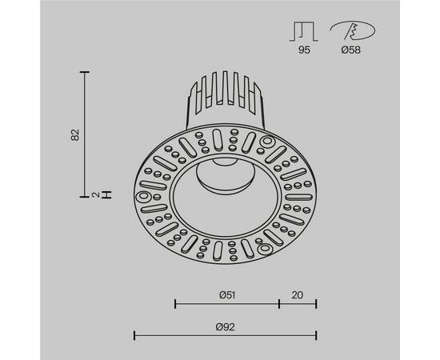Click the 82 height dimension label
pos(74,134)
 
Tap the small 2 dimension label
pos(95,194)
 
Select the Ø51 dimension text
pos(226,294)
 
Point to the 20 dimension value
pos(298,294)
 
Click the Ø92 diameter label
pos(225,326)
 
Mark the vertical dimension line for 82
pos(85,134)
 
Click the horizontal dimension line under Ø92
pos(225,334)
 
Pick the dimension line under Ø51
pos(226,303)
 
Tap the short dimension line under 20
pos(298,303)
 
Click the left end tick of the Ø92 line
pos(134,334)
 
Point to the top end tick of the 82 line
pos(85,72)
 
